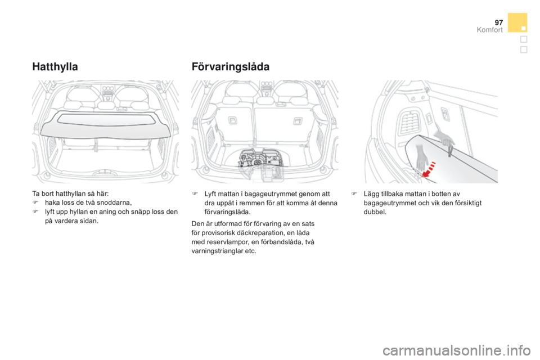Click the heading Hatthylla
(55, 66)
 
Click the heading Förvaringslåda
(231, 66)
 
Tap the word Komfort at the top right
(490, 30)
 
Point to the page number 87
(498, 21)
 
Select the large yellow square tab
(517, 22)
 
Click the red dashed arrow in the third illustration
(429, 168)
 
